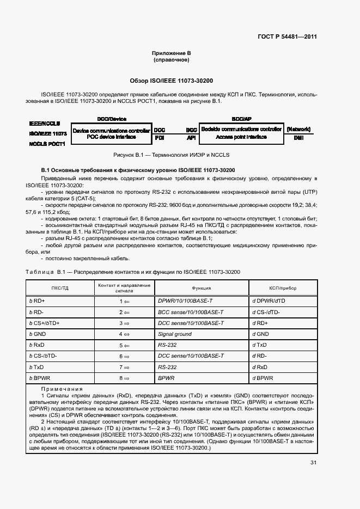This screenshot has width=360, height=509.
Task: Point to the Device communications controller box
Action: [111, 133]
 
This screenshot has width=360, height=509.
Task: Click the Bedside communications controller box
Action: [241, 133]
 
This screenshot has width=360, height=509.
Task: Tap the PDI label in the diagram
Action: [160, 138]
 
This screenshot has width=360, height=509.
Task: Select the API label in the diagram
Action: [191, 138]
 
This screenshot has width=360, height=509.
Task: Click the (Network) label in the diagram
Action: [298, 130]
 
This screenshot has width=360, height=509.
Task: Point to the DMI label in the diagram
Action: [298, 138]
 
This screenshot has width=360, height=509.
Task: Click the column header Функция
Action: [201, 288]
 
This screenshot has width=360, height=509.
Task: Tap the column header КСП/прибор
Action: [283, 288]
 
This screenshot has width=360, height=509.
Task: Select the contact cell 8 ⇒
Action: [124, 378]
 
